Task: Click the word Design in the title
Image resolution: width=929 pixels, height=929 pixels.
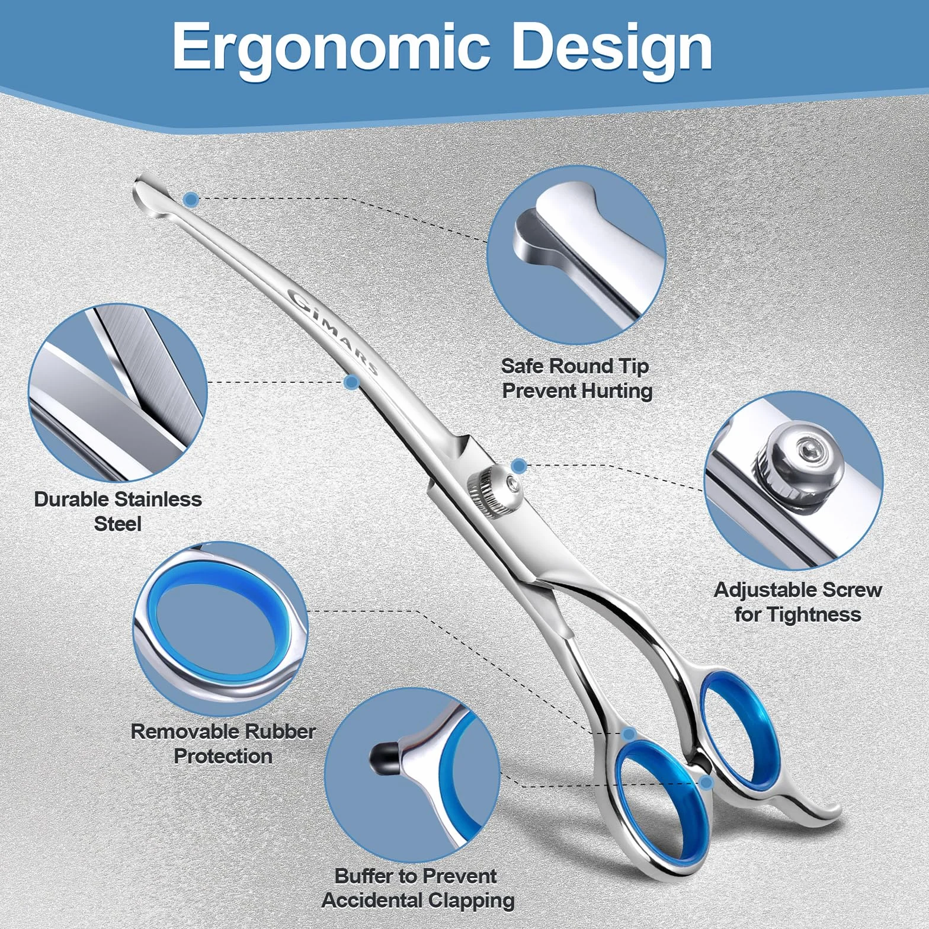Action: coord(611,47)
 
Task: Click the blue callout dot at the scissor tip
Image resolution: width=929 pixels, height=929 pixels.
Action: coord(191,200)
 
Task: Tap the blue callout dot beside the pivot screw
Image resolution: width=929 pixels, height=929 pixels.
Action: coord(518,466)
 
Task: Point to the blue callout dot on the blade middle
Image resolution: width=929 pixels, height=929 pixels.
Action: coord(351,382)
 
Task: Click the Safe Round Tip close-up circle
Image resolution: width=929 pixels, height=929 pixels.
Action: coord(576,255)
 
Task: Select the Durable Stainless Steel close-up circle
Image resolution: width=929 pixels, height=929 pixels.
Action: coord(117,392)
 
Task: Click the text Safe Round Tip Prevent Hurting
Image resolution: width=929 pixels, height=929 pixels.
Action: coord(576,378)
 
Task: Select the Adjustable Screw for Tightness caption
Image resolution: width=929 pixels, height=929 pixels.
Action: coord(797,602)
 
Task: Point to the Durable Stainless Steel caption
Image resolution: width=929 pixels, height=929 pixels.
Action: coord(118,511)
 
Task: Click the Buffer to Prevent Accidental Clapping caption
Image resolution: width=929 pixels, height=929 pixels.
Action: coord(418,888)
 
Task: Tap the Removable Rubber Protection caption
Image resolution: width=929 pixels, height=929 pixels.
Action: coord(223,744)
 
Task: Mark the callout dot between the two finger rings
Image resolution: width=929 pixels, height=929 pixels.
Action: coord(706,783)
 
